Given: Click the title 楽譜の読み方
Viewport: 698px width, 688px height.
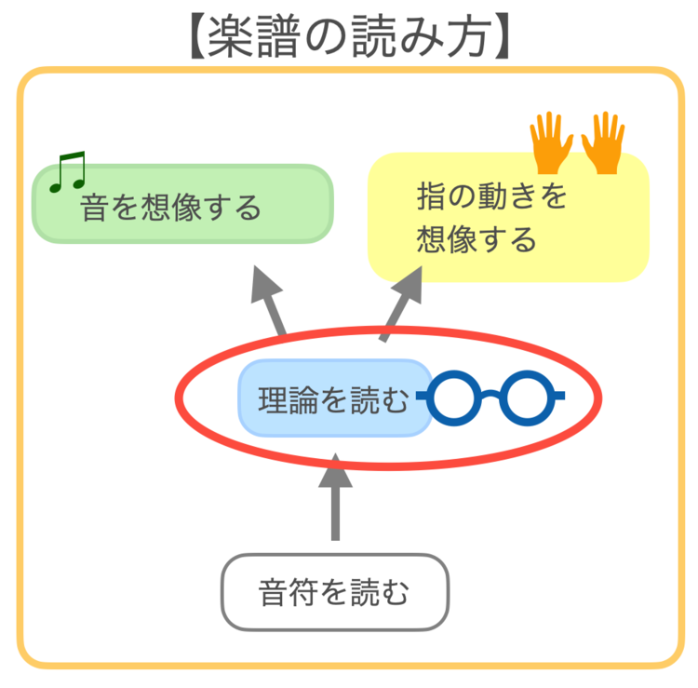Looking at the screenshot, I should (349, 35).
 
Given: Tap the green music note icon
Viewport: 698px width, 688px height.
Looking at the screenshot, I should (67, 172).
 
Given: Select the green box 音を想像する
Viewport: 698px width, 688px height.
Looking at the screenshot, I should (182, 205).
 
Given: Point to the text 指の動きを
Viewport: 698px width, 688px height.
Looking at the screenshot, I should (491, 198).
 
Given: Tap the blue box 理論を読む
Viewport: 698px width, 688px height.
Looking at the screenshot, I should (333, 398).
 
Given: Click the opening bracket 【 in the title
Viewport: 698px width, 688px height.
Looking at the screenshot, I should (191, 36).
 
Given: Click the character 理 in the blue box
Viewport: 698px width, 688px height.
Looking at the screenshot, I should (274, 399).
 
